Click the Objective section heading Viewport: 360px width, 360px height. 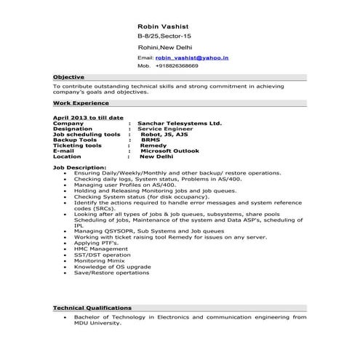69,76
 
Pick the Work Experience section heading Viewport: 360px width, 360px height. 79,103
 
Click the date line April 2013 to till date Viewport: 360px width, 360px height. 88,118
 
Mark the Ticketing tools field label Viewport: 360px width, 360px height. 77,145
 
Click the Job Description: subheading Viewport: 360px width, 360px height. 79,167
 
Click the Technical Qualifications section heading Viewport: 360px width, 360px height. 92,308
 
